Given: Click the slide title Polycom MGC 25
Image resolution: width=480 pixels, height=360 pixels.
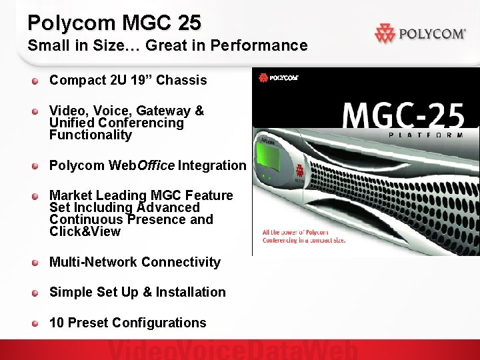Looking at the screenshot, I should [x=114, y=23].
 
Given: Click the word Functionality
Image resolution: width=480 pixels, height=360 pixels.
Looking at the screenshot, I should [x=91, y=135].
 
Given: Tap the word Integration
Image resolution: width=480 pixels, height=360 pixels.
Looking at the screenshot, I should [x=211, y=165].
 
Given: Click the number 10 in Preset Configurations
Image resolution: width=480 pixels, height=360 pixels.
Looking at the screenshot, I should [x=57, y=323].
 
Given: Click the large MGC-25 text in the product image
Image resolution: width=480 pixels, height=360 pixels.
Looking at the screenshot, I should [x=403, y=115].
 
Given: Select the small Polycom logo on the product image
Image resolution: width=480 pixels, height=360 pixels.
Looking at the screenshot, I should [x=279, y=78].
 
